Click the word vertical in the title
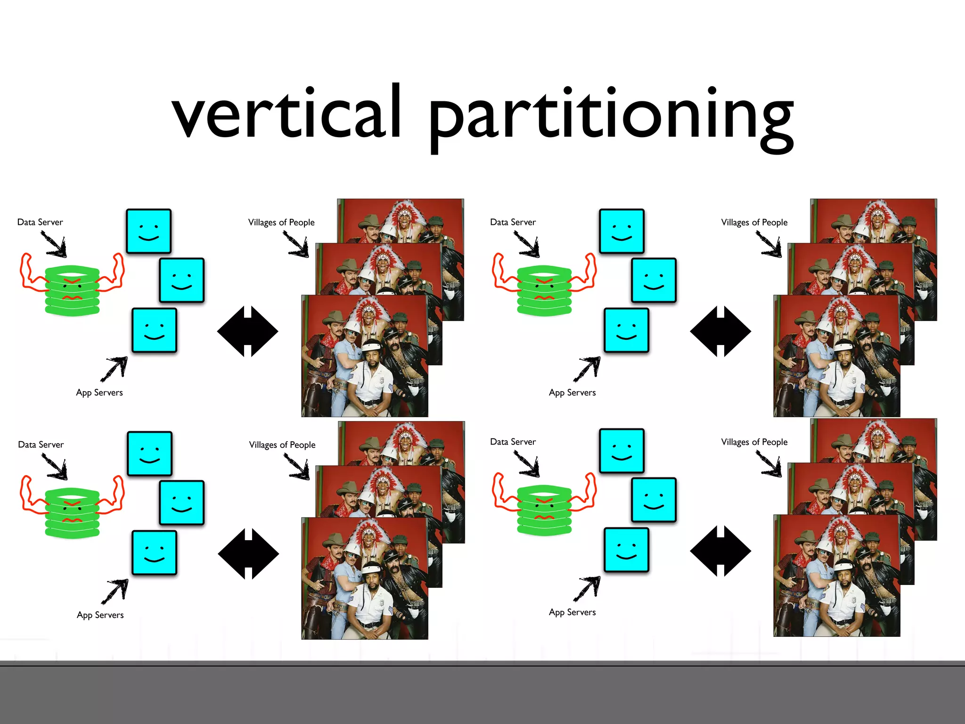pos(286,113)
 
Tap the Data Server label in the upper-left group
pos(40,222)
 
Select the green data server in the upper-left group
pos(72,290)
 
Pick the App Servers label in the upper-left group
pos(99,393)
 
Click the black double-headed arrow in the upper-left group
pos(248,331)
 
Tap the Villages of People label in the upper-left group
pos(281,222)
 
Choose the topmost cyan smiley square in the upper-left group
pos(149,231)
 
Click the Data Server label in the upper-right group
pos(513,222)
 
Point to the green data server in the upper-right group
pos(544,290)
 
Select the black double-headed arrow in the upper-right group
pos(720,331)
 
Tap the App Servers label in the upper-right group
pos(572,393)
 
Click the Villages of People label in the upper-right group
pos(754,222)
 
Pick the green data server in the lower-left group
pos(72,513)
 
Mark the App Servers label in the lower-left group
pos(100,615)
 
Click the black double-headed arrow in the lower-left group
pos(249,554)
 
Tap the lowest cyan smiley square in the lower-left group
pos(155,553)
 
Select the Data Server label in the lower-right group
pos(513,442)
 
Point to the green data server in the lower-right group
pos(544,510)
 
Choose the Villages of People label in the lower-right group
pos(754,442)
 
